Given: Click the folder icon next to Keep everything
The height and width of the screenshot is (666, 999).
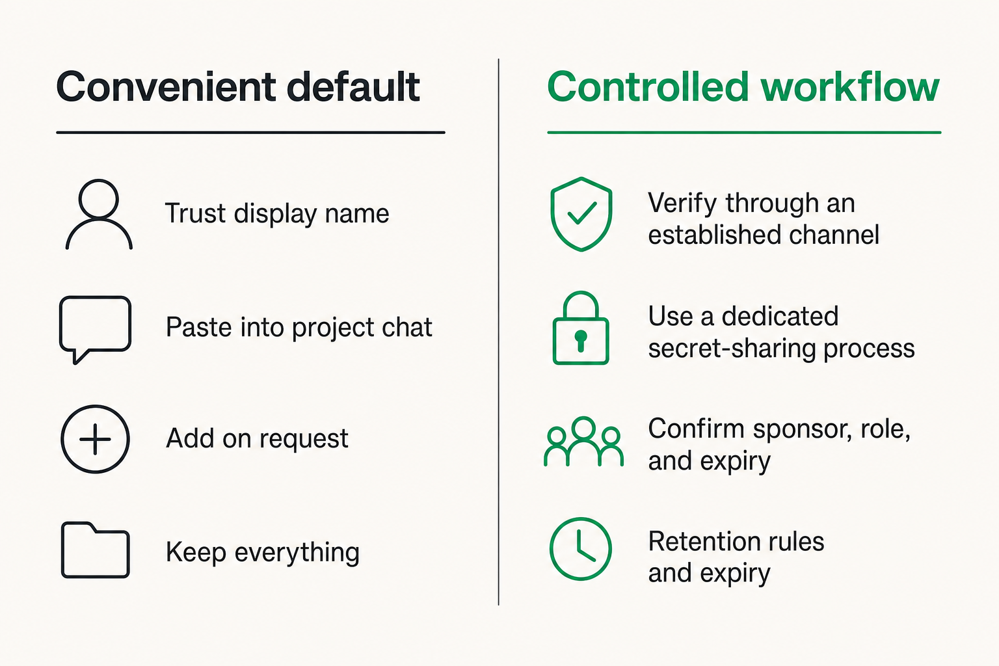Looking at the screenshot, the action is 62,550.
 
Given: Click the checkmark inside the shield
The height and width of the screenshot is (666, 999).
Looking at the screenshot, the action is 581,214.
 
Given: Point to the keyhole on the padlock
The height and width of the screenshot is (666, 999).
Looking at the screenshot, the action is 581,341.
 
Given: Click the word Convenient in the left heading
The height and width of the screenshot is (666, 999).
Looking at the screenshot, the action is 166,87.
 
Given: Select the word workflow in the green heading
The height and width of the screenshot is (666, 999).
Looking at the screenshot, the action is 850,87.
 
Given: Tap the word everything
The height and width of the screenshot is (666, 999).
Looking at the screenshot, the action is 297,553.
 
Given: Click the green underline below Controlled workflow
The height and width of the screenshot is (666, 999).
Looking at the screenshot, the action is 744,133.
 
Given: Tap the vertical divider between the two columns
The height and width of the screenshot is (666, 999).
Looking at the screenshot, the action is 499,332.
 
